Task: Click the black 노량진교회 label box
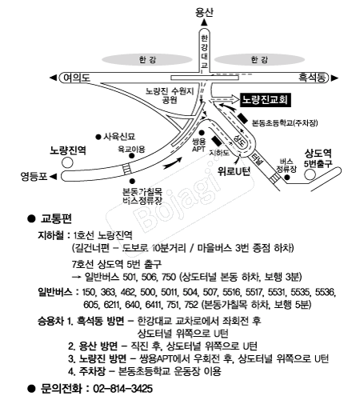[x=266, y=100]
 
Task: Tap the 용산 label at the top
[x=204, y=12]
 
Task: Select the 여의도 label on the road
[x=77, y=78]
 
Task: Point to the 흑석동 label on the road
[x=312, y=78]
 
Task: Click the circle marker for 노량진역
[x=67, y=162]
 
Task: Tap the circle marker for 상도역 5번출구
[x=310, y=174]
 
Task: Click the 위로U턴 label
[x=234, y=171]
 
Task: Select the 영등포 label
[x=34, y=176]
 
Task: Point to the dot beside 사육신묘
[x=98, y=137]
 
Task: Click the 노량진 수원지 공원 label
[x=170, y=95]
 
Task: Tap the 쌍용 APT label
[x=198, y=146]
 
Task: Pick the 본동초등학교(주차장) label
[x=285, y=123]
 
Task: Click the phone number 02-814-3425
[x=122, y=388]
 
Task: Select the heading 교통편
[x=56, y=218]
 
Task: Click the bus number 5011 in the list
[x=170, y=292]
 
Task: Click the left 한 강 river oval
[x=147, y=59]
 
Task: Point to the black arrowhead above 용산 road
[x=204, y=22]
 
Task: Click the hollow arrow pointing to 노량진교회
[x=224, y=99]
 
